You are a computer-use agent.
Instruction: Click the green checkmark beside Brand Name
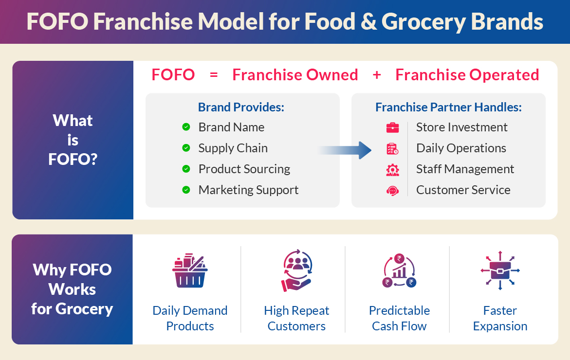click(x=186, y=127)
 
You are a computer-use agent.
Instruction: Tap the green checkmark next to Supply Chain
click(x=186, y=148)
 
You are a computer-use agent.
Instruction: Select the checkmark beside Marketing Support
click(x=186, y=190)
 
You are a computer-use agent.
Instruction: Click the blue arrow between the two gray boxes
click(x=345, y=150)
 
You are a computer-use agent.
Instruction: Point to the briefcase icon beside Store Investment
click(x=392, y=127)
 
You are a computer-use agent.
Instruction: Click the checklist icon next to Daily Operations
click(x=392, y=148)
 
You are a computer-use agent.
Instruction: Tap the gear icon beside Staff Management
click(x=392, y=169)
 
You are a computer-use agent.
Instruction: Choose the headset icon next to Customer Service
click(x=392, y=190)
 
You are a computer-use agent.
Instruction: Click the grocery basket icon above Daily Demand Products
click(x=190, y=271)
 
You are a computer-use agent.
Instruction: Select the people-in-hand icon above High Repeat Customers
click(x=296, y=270)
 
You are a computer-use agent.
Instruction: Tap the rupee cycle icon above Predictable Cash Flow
click(x=399, y=271)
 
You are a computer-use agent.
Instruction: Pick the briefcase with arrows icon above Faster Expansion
click(x=500, y=271)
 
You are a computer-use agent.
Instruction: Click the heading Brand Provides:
click(x=241, y=107)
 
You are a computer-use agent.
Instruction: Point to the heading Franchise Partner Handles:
click(x=448, y=107)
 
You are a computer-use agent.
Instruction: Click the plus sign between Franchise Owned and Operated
click(x=376, y=75)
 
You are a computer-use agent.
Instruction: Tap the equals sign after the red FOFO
click(x=213, y=75)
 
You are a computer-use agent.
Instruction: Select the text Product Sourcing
click(x=244, y=169)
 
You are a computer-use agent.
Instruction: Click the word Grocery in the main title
click(x=422, y=22)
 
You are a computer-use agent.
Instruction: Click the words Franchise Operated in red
click(x=467, y=75)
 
